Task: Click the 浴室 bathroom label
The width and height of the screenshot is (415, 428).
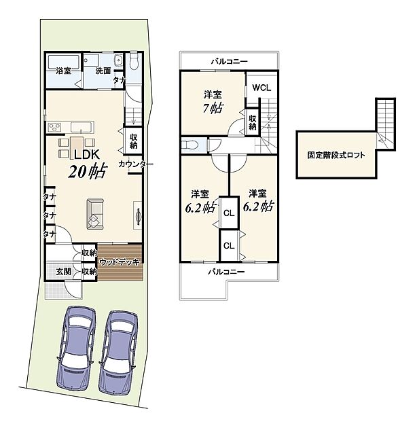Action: point(64,71)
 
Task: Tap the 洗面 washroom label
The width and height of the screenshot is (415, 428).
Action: point(103,71)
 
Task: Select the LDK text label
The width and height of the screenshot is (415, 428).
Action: point(87,155)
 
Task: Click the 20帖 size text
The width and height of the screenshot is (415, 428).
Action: point(87,172)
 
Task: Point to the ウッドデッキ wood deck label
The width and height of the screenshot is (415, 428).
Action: point(120,262)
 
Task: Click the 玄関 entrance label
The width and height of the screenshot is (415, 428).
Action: point(64,271)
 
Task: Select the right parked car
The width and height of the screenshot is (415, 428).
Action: point(118,352)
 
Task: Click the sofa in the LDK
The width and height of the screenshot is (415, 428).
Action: point(95,214)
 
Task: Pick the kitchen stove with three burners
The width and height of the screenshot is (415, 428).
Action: point(54,127)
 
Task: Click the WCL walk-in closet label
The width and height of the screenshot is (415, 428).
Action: point(261,88)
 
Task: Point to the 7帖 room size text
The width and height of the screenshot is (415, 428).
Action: point(213,109)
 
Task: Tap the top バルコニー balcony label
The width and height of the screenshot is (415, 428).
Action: point(229,61)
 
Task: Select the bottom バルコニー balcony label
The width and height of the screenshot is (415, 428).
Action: point(226,272)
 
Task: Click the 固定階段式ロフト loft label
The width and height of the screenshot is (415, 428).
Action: point(336,156)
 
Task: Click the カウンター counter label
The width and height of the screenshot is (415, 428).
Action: point(136,164)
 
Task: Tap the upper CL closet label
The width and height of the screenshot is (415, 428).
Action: point(229,213)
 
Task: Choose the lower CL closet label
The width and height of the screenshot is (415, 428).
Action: point(229,246)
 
